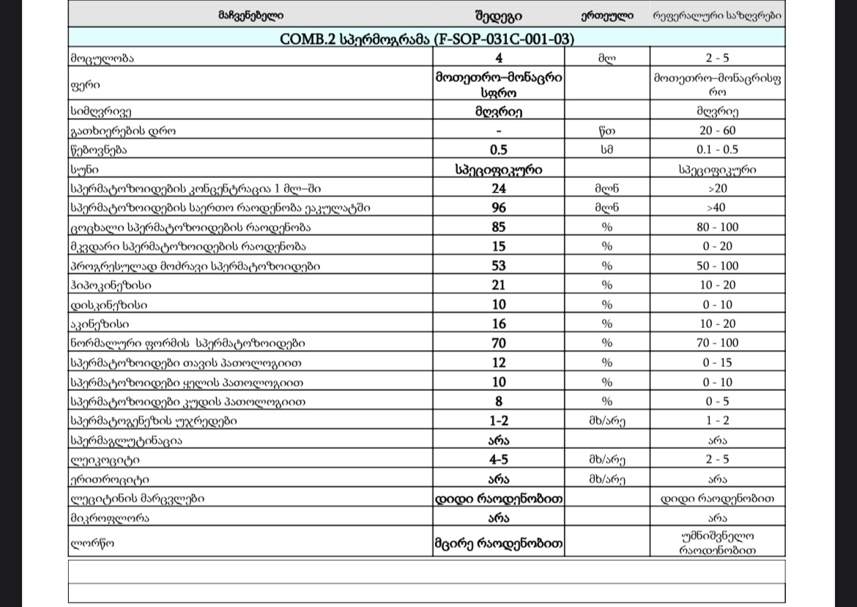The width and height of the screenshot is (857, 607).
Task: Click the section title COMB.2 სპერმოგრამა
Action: [426, 39]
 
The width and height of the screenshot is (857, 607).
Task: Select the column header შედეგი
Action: [498, 15]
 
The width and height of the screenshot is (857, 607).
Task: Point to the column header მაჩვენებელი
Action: [251, 15]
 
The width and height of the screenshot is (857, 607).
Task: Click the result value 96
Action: [499, 208]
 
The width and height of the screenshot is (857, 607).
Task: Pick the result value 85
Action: [499, 227]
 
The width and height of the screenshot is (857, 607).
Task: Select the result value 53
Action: [499, 266]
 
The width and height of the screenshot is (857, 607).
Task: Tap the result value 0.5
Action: [499, 150]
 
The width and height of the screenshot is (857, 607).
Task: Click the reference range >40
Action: [717, 208]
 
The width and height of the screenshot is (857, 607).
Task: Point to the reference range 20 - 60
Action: [717, 131]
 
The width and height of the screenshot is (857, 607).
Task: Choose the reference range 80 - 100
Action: [717, 227]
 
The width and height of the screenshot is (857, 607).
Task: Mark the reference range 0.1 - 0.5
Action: [717, 150]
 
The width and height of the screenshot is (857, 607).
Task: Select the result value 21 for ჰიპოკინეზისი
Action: [499, 285]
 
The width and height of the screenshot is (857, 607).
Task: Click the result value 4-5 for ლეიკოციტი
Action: [499, 460]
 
